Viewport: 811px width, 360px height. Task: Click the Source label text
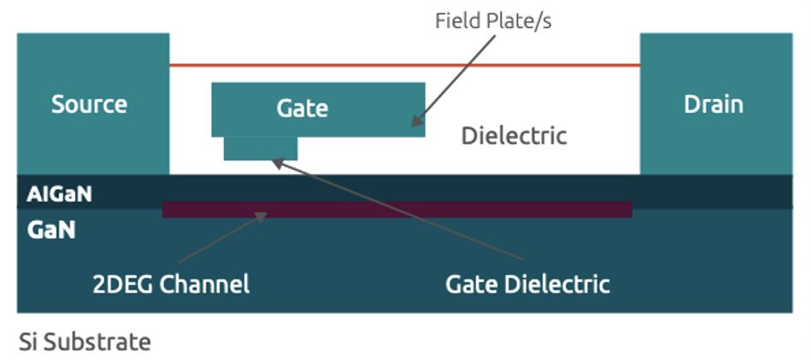pos(89,104)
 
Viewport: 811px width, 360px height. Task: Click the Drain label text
pos(713,104)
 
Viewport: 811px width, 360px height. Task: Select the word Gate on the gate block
pos(302,109)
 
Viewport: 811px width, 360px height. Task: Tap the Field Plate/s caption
pos(493,21)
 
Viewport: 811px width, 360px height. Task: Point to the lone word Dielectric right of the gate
pos(514,135)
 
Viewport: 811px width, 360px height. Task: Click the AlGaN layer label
pos(58,194)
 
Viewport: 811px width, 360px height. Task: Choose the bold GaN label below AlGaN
pos(50,229)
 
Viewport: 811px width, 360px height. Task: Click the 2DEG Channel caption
pos(171,284)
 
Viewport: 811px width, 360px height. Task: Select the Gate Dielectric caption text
pos(527,284)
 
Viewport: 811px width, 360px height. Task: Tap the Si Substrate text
pos(85,342)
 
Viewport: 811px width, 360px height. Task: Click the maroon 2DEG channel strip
pos(397,210)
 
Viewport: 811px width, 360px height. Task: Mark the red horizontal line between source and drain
pos(404,65)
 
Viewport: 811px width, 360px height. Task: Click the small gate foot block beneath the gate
pos(261,148)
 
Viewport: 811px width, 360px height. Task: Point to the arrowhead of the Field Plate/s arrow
pos(415,123)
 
